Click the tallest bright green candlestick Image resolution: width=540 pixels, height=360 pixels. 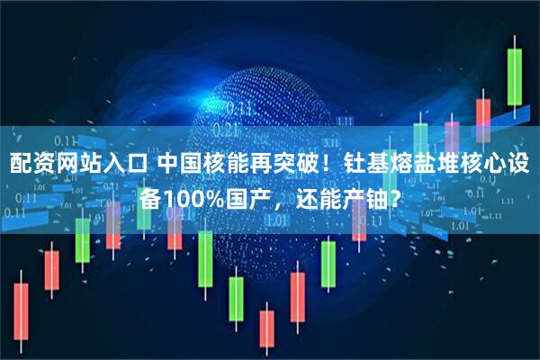tap(515, 76)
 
